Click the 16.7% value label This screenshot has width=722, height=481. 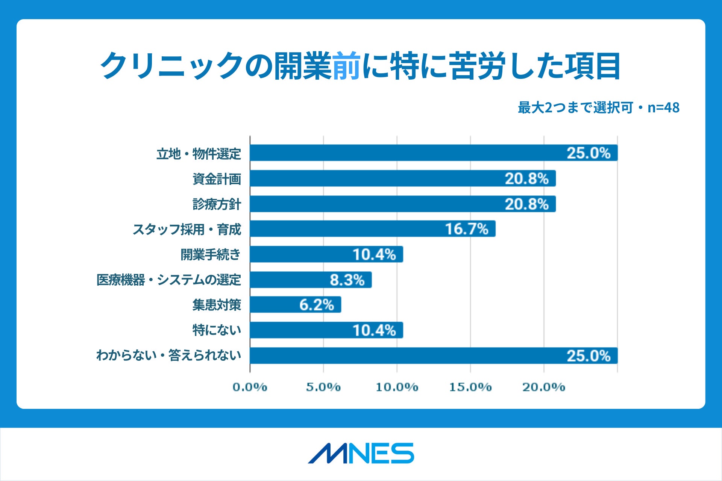467,229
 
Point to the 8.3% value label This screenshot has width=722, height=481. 347,280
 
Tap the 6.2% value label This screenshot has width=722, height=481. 317,305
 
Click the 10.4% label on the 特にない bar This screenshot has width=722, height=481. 374,330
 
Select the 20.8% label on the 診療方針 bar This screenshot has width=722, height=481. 526,204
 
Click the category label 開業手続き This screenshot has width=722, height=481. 211,254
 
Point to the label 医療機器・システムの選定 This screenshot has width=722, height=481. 168,280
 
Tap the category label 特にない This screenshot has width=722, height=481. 217,330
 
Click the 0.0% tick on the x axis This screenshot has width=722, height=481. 250,387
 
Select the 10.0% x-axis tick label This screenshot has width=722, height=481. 397,387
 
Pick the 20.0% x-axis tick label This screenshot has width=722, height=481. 544,387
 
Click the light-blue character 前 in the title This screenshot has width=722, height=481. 346,66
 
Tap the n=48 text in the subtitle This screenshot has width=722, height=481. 663,108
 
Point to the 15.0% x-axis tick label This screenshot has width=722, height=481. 470,387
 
